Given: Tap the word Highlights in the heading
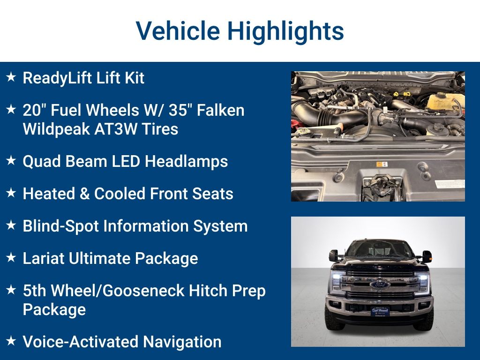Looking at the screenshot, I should pos(285,31).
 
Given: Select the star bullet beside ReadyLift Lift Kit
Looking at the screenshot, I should pos(11,77).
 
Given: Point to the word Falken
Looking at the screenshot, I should pos(220,111).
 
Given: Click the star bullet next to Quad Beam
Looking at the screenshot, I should pos(11,161).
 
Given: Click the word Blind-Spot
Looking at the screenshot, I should pos(60,226).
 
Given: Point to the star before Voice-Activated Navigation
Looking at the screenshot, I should pos(11,341).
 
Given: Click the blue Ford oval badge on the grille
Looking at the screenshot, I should pos(379,285).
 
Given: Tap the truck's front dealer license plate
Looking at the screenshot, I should pos(380,311).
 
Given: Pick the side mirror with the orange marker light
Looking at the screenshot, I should pos(427,256).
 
